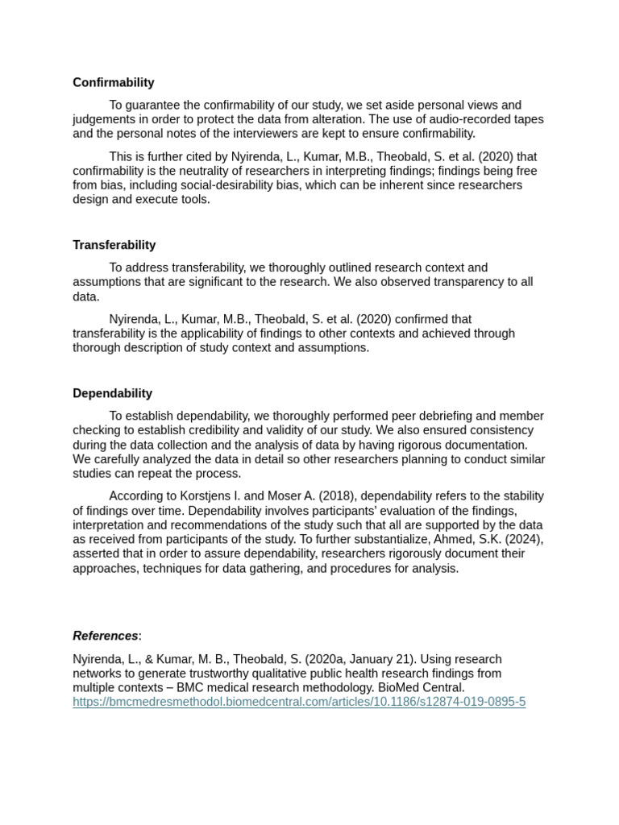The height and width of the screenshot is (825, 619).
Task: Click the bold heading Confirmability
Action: click(x=113, y=82)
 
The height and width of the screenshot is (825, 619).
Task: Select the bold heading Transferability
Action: click(x=114, y=245)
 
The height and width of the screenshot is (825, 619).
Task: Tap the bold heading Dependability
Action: click(x=112, y=393)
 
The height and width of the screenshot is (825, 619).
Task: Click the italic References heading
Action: click(x=106, y=636)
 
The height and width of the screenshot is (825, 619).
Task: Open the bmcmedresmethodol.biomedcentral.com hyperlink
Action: click(x=299, y=702)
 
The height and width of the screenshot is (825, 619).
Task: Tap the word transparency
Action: click(x=471, y=282)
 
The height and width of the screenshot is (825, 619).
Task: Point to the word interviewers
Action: click(x=220, y=134)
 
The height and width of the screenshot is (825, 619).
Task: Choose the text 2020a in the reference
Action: click(x=327, y=659)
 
